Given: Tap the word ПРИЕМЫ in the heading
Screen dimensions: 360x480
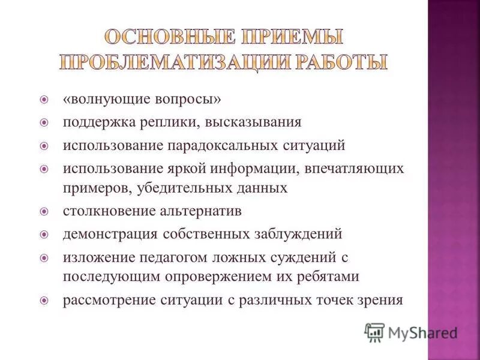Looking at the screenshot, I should (287, 37).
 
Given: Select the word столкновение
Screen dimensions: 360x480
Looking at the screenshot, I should (104, 211).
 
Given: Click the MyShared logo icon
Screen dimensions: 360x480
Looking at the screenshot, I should (375, 331).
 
